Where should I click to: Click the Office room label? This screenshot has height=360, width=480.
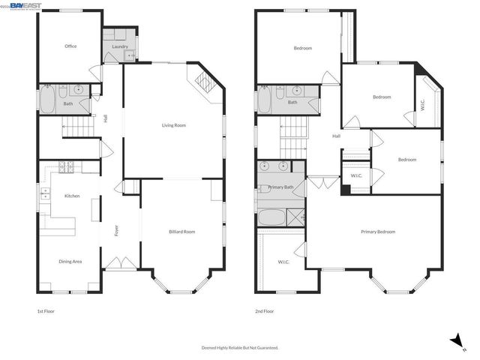[x=70, y=46]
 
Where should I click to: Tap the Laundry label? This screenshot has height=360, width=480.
[x=120, y=47]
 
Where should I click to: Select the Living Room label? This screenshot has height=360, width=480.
[x=174, y=125]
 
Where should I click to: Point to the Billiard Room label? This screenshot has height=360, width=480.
[x=181, y=232]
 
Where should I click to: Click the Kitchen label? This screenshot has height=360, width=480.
[x=72, y=196]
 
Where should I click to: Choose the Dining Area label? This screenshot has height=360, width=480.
[x=70, y=262]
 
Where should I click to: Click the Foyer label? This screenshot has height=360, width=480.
[x=117, y=231]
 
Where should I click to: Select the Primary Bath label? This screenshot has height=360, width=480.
[x=280, y=187]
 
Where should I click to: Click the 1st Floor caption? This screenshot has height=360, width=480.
[x=46, y=311]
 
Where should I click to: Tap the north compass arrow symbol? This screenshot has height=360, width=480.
[x=455, y=340]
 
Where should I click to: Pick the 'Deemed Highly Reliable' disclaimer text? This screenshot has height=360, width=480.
[x=240, y=347]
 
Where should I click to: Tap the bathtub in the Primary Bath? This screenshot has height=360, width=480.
[x=271, y=218]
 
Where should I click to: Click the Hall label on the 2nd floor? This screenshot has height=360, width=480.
[x=337, y=136]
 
